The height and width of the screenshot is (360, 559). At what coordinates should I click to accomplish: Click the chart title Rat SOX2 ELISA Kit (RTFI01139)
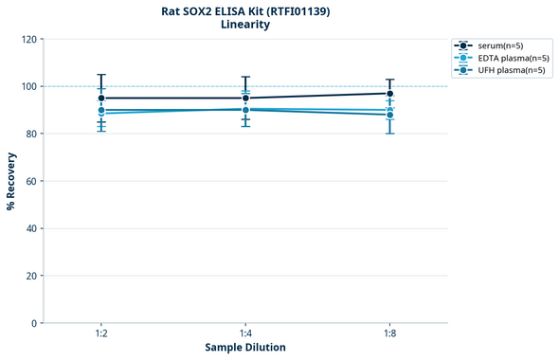(245, 10)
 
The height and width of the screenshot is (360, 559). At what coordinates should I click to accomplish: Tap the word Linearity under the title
(245, 25)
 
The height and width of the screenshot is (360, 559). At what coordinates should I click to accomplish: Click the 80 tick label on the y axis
(30, 134)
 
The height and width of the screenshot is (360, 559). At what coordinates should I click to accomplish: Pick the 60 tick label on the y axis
(30, 181)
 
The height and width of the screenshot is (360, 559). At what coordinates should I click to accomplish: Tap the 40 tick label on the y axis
(30, 228)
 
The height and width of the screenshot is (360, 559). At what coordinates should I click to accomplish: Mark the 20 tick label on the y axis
(30, 276)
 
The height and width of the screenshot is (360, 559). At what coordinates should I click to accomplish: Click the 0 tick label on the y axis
(33, 323)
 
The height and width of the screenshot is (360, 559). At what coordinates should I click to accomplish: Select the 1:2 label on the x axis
(101, 334)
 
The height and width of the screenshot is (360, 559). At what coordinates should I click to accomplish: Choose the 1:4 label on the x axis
(245, 334)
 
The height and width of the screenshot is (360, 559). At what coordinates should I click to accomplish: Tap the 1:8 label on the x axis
(389, 334)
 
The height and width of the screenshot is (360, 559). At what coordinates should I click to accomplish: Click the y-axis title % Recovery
(11, 181)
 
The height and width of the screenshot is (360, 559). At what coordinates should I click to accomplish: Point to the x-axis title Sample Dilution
(245, 348)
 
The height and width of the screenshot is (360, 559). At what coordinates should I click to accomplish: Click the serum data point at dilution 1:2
(101, 99)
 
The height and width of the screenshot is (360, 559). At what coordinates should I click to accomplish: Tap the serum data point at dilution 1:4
(245, 99)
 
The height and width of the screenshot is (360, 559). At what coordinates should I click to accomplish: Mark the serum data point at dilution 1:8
(389, 94)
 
